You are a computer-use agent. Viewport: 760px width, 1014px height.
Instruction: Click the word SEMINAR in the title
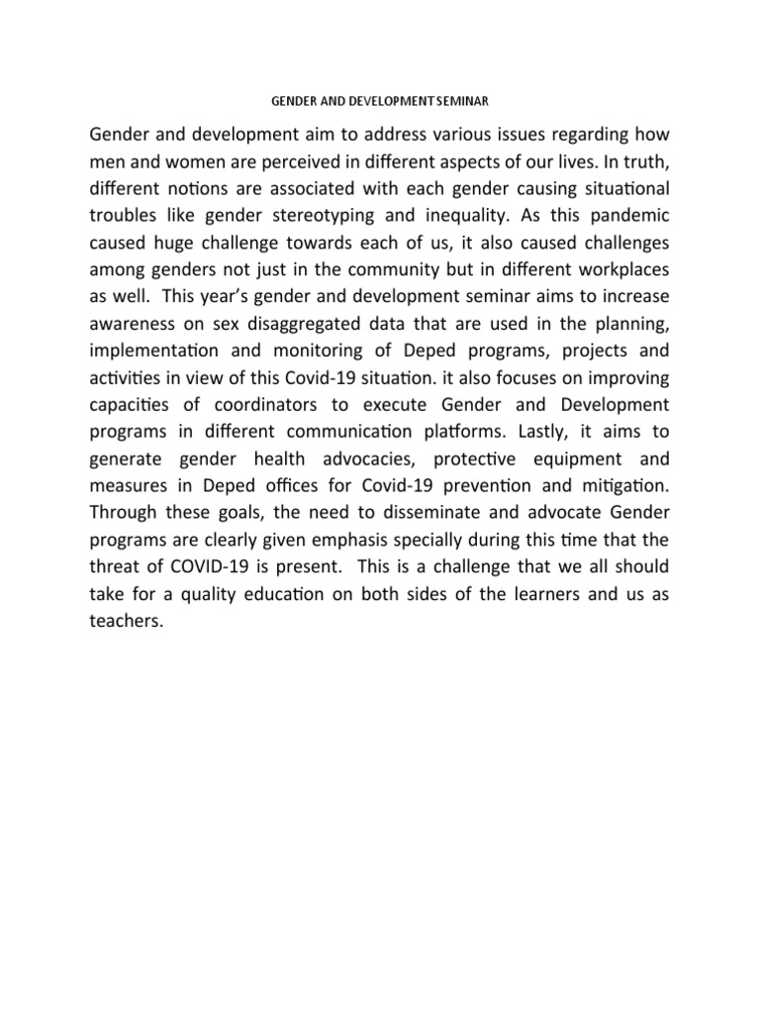[464, 100]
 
